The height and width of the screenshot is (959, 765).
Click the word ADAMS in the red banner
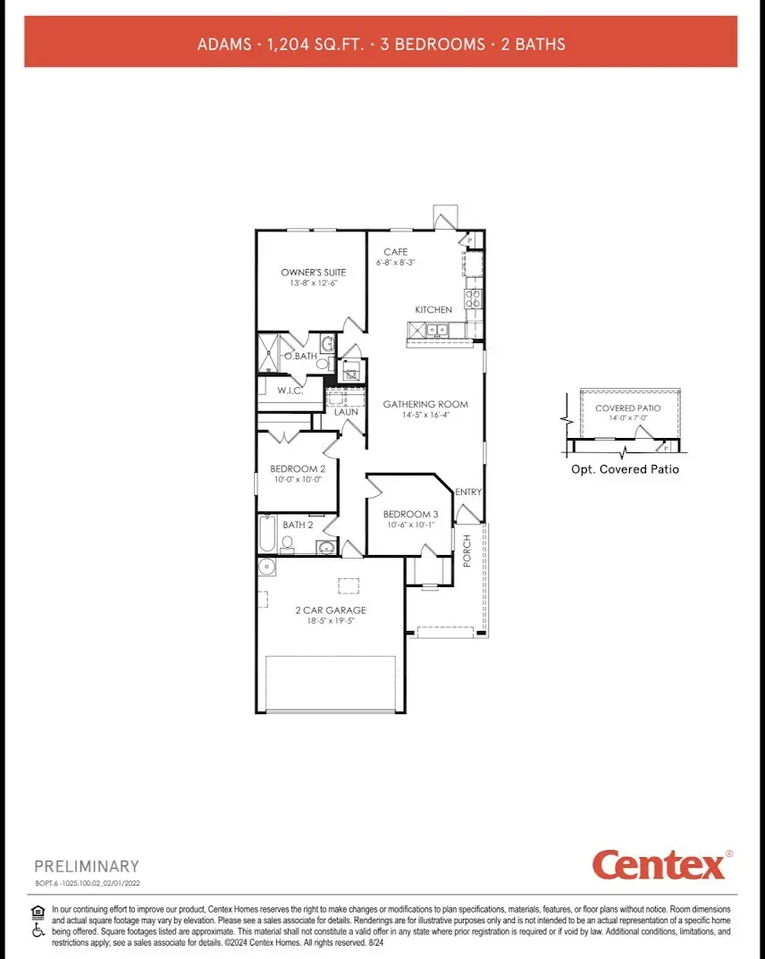tap(223, 43)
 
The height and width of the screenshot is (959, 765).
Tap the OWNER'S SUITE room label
tap(313, 272)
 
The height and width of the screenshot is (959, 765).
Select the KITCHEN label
tap(433, 309)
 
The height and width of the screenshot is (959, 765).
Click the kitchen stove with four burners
tap(473, 299)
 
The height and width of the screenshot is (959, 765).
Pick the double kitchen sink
tap(438, 330)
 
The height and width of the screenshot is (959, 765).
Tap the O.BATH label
tap(301, 357)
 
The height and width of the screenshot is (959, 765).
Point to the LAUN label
tap(347, 412)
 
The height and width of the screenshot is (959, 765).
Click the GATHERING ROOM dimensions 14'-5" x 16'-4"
tap(425, 416)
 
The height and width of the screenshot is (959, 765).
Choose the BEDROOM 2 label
tap(298, 468)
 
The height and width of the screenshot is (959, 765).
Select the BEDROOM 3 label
tap(410, 514)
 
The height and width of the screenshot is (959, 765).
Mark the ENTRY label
tap(468, 492)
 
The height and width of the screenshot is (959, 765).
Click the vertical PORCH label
tap(467, 550)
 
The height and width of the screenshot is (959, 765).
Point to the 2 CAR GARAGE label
tap(331, 610)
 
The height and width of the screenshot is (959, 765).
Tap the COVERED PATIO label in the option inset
tap(628, 408)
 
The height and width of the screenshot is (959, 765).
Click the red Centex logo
tap(658, 864)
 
